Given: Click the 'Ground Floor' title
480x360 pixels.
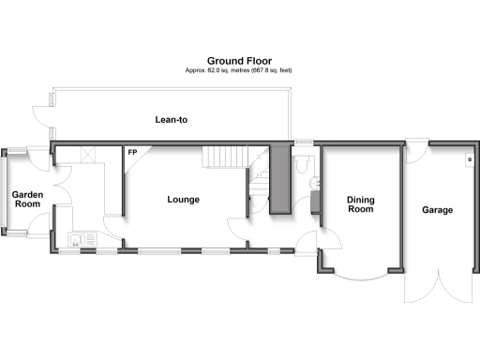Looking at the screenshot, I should (239, 61).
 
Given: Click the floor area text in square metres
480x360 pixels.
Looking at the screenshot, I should (239, 71).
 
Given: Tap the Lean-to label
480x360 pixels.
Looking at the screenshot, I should (172, 120).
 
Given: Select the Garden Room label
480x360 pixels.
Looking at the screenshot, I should (26, 201).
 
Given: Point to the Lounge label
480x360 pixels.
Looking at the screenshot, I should (183, 199).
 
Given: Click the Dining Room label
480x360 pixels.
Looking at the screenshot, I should (360, 204).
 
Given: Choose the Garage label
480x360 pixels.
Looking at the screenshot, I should (437, 210).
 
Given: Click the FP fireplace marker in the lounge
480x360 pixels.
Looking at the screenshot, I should (132, 153).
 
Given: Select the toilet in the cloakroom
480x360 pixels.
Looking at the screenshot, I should (301, 165).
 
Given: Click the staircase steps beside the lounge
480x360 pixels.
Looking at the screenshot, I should (224, 157).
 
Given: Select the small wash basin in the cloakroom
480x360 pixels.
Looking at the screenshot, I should (315, 199).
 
